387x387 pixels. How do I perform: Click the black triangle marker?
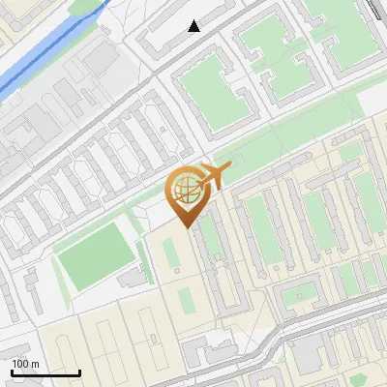[194, 26]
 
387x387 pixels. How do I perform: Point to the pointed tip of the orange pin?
[185, 226]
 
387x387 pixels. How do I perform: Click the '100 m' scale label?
[25, 364]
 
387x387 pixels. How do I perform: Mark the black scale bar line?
[45, 372]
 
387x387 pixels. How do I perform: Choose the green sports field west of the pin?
[95, 254]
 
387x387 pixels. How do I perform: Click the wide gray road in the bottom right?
[329, 335]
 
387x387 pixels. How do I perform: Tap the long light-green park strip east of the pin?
[290, 145]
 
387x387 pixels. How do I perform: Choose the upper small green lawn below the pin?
[171, 253]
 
